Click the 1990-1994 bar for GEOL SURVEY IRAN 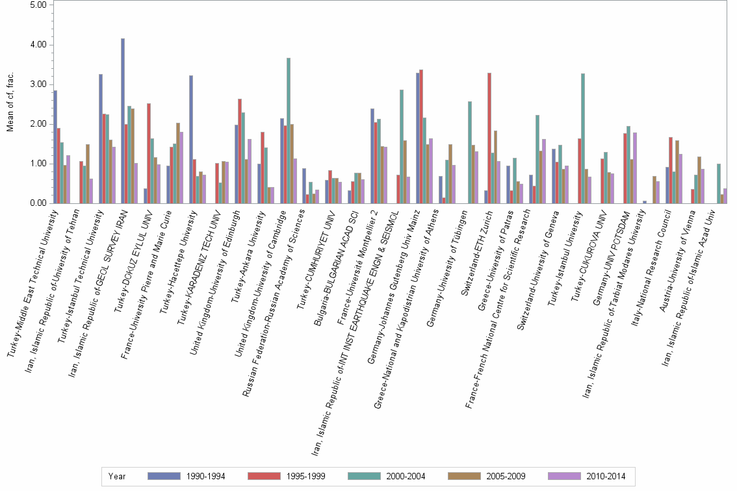(123, 121)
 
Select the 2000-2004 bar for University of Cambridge (289, 131)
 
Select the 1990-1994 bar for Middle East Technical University (55, 147)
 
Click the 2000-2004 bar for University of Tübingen (470, 153)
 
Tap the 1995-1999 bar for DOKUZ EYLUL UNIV (149, 153)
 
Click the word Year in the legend (117, 476)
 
